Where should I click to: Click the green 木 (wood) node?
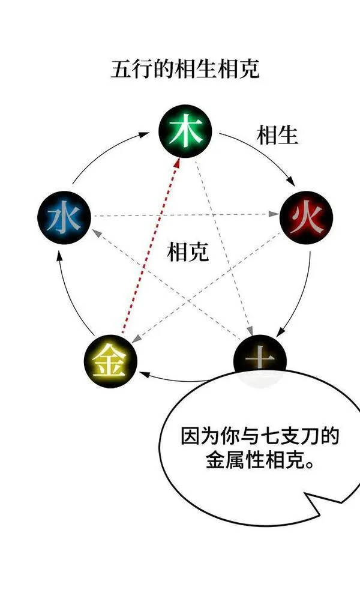[186, 131]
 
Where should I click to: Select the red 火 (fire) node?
[306, 217]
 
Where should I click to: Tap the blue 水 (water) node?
[64, 217]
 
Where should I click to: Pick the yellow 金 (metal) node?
[110, 361]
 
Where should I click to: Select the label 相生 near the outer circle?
[277, 135]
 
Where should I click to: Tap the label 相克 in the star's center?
[188, 252]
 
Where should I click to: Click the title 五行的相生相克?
[185, 69]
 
